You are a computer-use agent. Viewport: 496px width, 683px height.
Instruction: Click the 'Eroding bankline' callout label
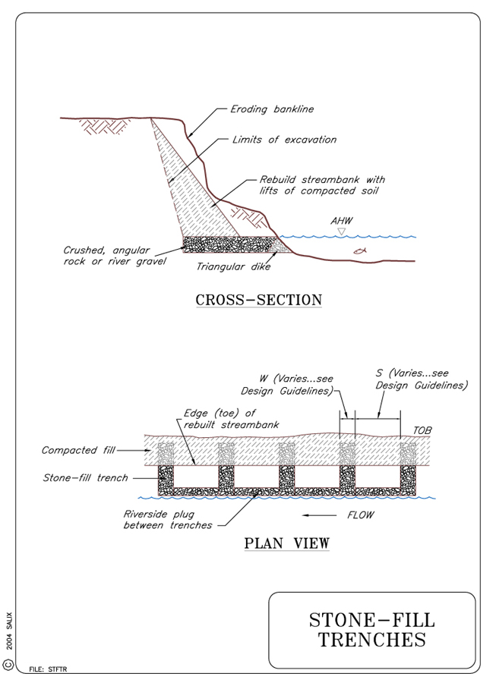(x=271, y=109)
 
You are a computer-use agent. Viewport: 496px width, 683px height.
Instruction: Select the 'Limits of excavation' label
(x=284, y=140)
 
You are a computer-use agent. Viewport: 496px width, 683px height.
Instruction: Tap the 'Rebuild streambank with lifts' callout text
(x=322, y=185)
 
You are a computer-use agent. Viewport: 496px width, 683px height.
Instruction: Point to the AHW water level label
(x=342, y=221)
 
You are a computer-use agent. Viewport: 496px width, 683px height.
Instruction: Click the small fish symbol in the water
(x=359, y=250)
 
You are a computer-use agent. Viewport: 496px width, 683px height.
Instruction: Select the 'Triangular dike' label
(x=233, y=266)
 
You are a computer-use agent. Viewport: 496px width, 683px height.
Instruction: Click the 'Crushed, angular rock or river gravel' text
(x=115, y=256)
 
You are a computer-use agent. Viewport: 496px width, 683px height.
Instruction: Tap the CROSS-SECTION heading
(x=258, y=300)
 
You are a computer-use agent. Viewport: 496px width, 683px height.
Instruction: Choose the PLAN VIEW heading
(x=286, y=543)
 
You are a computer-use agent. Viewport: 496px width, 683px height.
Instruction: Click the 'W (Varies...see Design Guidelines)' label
(x=287, y=385)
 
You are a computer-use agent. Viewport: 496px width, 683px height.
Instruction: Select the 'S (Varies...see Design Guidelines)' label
(x=421, y=379)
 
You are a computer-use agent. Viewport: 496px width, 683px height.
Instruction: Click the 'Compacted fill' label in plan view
(x=77, y=450)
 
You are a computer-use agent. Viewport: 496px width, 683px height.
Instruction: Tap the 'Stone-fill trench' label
(x=84, y=478)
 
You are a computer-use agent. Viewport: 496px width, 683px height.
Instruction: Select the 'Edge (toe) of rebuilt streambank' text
(x=222, y=419)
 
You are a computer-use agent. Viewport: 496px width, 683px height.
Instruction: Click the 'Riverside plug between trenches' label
(x=167, y=519)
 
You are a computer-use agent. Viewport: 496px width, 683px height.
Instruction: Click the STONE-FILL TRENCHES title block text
(x=372, y=629)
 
